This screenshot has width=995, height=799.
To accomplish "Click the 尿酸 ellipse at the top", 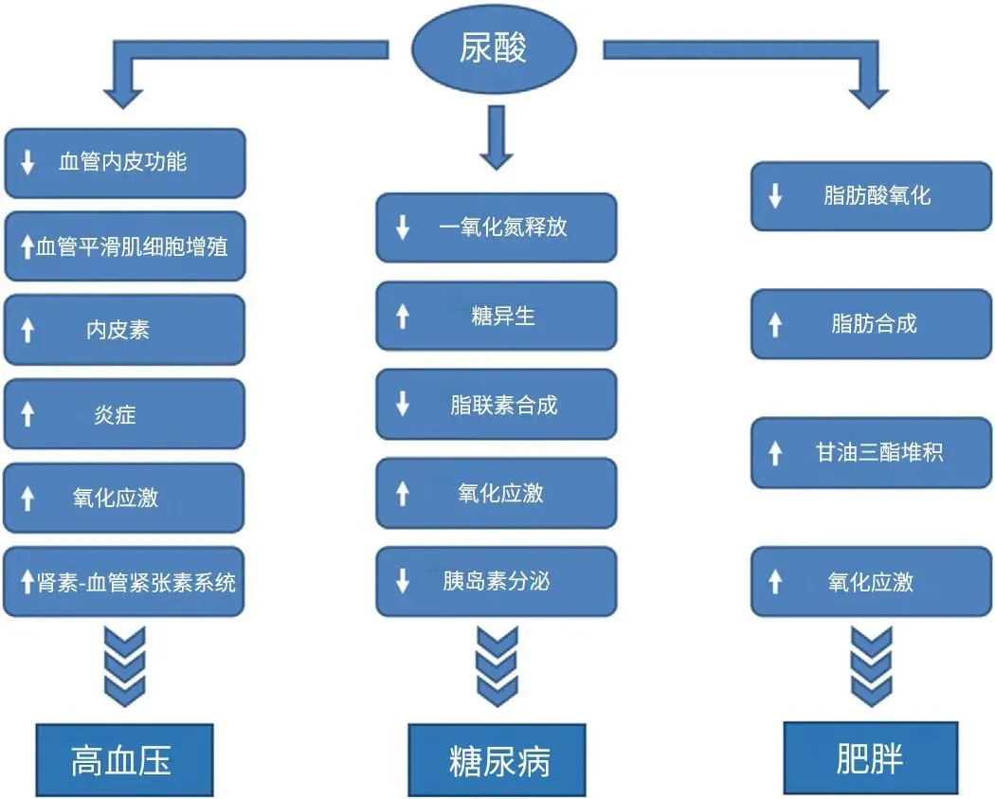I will coord(493,48).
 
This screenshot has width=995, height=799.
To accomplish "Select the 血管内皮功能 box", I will coord(125,162).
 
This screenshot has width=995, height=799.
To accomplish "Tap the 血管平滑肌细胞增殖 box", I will coord(125,246).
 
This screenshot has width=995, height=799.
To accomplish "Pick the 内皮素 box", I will coord(125,330).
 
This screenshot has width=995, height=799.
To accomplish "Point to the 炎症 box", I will coord(125,414).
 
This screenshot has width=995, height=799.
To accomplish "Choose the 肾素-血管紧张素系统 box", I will coord(125,581).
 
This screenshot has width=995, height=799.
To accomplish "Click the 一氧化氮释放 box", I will coord(497,227).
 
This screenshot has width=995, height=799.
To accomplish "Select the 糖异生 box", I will coord(497,316).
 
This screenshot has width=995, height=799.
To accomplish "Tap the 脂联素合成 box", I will coord(497,405).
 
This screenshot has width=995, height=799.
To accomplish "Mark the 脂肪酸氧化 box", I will coord(871,196).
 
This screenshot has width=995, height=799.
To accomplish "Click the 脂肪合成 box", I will coord(871,324).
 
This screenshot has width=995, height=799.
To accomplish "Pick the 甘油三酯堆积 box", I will coord(871,452).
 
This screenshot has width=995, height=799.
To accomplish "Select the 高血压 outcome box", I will coord(124,760).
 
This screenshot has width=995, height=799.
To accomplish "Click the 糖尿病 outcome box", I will coord(497,760).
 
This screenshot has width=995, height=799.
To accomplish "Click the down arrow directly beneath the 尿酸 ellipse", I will coord(495,138).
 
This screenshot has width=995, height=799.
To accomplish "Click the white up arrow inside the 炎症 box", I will coord(27,415).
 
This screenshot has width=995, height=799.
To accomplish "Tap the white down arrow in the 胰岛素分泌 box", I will coord(403,581).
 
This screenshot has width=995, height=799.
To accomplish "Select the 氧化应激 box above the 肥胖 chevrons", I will coord(871,581).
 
